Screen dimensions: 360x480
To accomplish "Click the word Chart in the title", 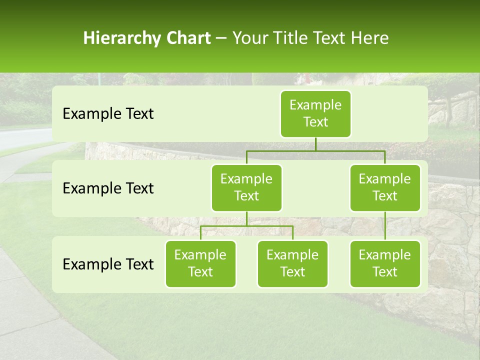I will coord(187,38).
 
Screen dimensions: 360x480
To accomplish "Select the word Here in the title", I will coord(370,38).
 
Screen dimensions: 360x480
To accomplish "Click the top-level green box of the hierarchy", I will coord(315,114).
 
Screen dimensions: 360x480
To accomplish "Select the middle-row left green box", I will coord(246,188).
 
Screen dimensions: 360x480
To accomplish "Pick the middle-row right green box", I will coord(385,188).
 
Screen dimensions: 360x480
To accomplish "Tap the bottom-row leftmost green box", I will coord(200,264).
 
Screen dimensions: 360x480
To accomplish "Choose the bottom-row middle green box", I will coord(292,264).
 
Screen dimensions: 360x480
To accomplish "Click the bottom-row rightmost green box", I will coord(385,264).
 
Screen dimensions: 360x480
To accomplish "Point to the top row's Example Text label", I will coord(108,114).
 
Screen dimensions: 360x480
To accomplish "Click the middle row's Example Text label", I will coord(108,188).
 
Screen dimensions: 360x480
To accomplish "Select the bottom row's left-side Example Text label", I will coord(108,264).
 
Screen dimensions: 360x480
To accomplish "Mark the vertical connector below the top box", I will coord(315,144).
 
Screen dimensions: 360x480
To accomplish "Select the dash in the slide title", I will coord(221,38).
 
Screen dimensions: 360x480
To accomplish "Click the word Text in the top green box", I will coord(315,122).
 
